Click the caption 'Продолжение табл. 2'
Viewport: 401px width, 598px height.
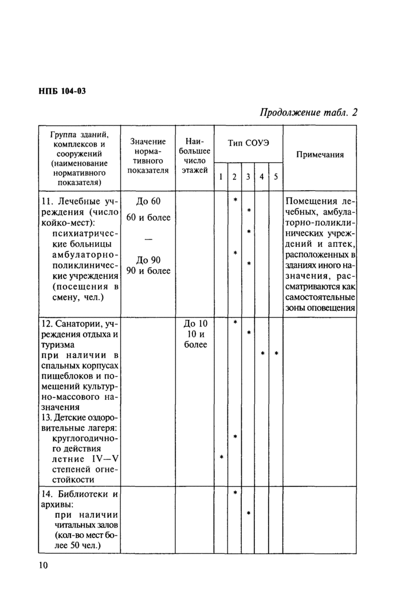[309, 112]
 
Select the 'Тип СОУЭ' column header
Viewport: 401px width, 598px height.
[248, 142]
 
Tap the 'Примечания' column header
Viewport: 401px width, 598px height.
[320, 155]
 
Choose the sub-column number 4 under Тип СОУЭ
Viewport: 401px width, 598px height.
[261, 177]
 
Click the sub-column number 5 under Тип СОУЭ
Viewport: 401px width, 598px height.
[276, 177]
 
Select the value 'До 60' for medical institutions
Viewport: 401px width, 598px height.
[149, 201]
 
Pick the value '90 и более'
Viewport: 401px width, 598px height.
[148, 270]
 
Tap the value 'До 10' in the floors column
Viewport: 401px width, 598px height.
[195, 324]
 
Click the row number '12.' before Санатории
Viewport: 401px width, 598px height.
[46, 324]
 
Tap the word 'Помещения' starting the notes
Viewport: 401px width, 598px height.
[313, 202]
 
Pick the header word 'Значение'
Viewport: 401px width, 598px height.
[148, 141]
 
